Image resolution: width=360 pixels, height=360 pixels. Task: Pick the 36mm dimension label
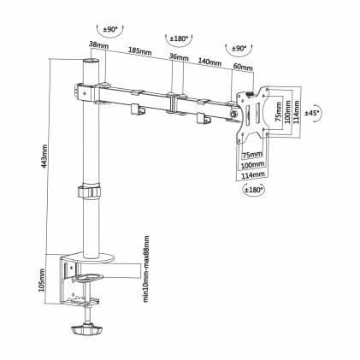click(x=178, y=57)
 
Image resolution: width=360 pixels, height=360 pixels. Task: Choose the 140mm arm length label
click(x=209, y=62)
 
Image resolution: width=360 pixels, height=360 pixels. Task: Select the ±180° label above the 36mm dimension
click(x=179, y=38)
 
